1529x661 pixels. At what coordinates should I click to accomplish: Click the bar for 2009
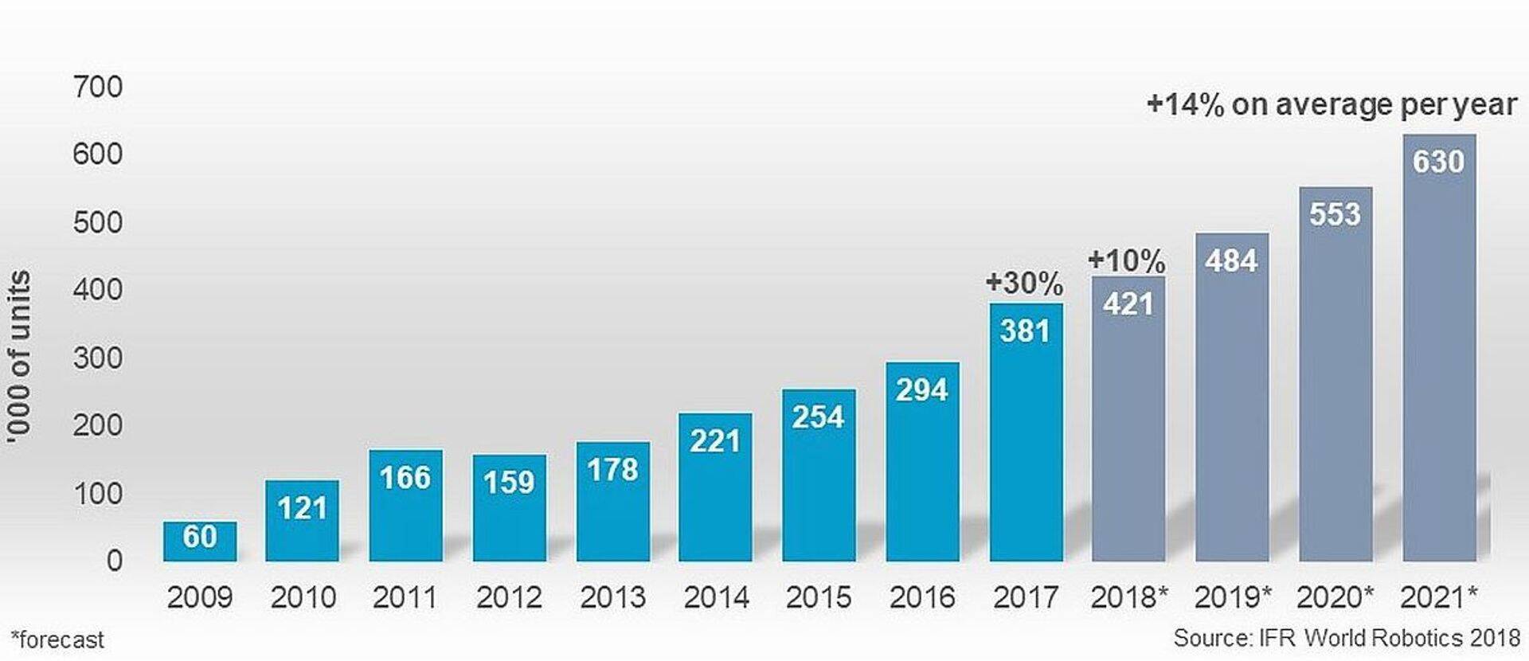200,542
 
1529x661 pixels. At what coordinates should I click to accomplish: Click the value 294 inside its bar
921,390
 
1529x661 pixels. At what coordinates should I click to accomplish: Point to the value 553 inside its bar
1335,214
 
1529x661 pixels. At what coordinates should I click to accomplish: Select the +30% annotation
1024,283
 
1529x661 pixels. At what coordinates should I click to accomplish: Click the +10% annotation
1126,260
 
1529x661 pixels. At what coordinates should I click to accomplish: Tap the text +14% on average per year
1331,104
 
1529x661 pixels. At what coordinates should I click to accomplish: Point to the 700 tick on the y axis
97,86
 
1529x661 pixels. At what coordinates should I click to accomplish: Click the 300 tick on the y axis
97,358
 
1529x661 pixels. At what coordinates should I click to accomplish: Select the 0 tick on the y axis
114,561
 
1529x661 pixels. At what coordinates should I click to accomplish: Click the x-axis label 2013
612,597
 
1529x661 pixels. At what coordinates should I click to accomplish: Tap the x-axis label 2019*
1233,597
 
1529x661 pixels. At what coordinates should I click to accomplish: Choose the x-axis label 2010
303,597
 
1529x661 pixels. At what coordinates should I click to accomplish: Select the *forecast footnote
57,639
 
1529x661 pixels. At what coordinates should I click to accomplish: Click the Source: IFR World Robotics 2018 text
1346,638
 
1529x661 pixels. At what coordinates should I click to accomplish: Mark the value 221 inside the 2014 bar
714,441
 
